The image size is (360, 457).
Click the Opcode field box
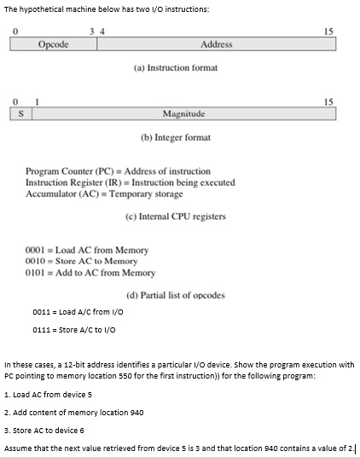(x=54, y=44)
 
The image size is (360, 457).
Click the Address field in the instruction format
(x=216, y=44)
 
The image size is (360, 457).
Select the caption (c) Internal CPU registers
(x=175, y=217)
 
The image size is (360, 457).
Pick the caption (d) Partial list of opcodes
(x=175, y=295)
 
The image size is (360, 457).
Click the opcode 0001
(x=36, y=251)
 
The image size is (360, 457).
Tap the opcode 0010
(x=36, y=262)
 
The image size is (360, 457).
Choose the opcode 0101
(x=36, y=273)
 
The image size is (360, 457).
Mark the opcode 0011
(x=42, y=312)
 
